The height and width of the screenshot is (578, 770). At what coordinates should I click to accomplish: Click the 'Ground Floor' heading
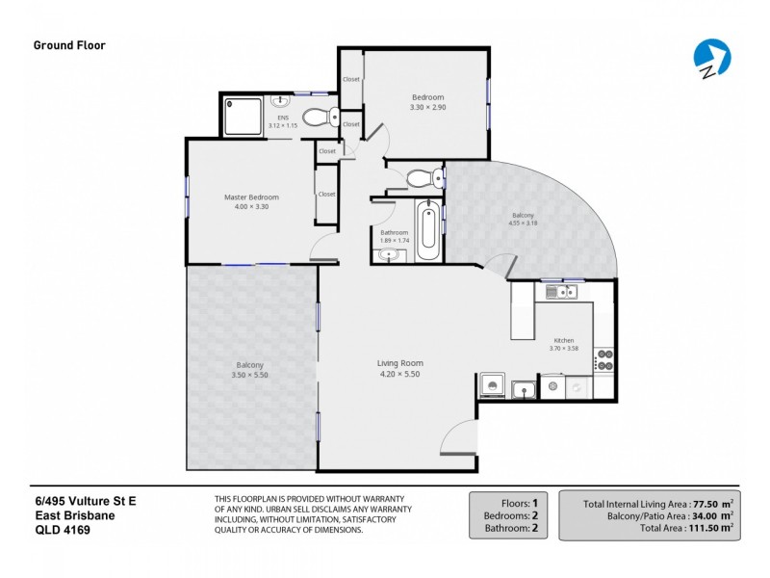69,44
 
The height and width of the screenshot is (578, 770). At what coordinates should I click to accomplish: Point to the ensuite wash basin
282,100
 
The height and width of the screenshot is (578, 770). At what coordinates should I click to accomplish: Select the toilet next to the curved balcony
423,178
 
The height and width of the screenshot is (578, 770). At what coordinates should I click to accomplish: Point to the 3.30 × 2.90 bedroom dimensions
427,107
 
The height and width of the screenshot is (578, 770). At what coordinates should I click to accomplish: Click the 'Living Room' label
399,363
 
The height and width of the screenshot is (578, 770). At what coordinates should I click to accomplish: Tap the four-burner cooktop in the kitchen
604,359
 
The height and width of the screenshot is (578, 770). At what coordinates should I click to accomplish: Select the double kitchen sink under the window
558,291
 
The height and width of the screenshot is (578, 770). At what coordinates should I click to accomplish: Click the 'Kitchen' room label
563,340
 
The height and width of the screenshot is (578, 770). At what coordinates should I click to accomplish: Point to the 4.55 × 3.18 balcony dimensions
523,224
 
